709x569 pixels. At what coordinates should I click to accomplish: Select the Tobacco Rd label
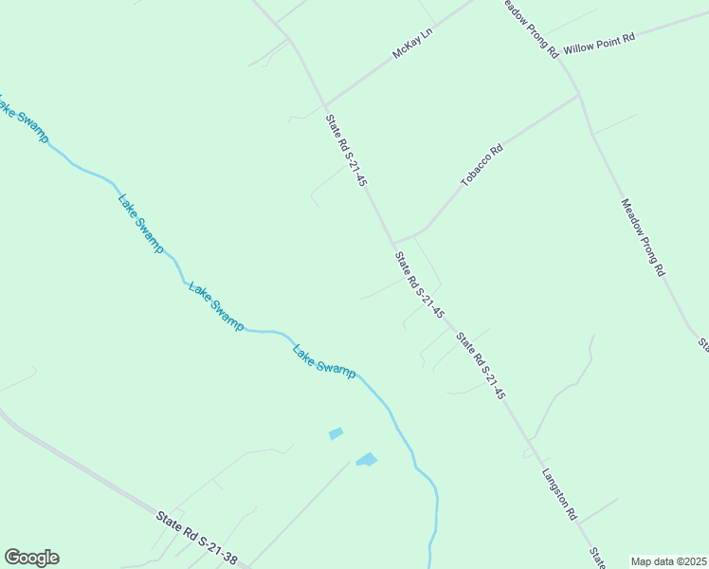(482, 163)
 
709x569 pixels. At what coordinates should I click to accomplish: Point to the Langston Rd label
(559, 494)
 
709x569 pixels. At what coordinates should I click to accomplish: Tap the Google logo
(31, 558)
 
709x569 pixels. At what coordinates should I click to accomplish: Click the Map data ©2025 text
(669, 561)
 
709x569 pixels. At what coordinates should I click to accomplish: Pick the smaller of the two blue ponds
(336, 433)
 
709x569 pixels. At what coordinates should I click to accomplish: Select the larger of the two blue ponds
(366, 460)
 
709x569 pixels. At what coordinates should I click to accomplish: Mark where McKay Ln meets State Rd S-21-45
(325, 103)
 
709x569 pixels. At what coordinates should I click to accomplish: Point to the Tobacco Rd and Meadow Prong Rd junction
(578, 95)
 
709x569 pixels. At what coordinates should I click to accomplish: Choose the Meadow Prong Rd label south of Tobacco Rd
(644, 236)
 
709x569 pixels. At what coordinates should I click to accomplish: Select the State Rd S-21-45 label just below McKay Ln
(346, 150)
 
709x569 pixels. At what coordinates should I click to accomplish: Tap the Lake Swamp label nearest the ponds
(324, 360)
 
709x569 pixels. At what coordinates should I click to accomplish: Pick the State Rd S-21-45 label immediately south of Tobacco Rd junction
(419, 284)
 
